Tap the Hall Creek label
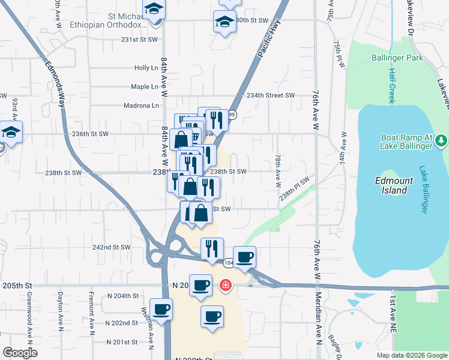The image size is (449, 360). coord(391,85)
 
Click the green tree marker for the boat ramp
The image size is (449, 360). coord(442,140)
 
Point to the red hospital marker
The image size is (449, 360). coord(226,286)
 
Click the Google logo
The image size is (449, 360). coord(20,353)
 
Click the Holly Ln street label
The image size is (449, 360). coord(146,68)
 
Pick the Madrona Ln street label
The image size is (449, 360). coord(146,106)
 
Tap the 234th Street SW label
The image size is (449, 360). coord(271,95)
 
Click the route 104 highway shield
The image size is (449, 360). coord(228,263)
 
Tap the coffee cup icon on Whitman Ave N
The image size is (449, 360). coord(161,310)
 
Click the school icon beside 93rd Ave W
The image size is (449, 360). coord(10,132)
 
